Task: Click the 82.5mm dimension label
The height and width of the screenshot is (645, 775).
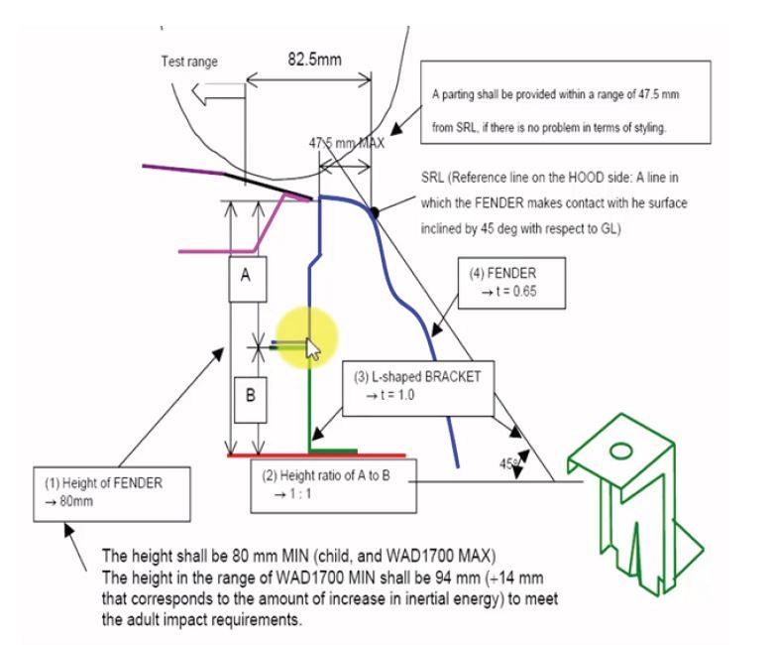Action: tap(314, 59)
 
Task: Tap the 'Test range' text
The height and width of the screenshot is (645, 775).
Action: tap(189, 63)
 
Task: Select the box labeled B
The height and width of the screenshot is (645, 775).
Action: tap(251, 395)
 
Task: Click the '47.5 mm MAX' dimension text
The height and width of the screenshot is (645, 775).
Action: tap(346, 143)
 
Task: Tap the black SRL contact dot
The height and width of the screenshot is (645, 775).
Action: tap(375, 210)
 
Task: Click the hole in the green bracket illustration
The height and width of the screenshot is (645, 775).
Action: tap(620, 451)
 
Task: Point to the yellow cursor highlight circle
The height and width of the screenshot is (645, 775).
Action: tap(307, 338)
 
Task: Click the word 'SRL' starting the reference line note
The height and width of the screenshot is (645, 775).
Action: tap(433, 177)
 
